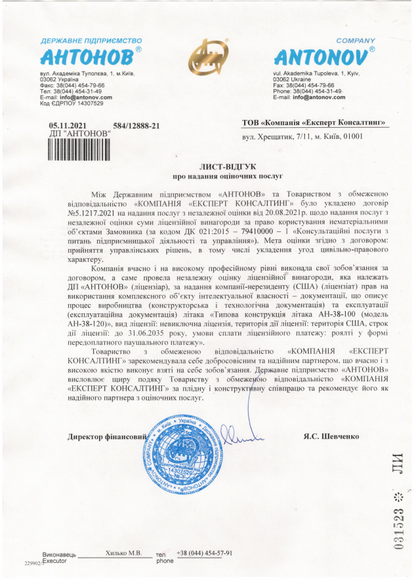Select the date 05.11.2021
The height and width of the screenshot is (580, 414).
(69, 125)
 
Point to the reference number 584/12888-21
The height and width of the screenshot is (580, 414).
(136, 125)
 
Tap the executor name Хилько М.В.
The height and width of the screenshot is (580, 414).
(123, 553)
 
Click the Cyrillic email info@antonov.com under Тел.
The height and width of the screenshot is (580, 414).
(66, 97)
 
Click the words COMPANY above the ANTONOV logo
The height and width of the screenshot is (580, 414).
(356, 40)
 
